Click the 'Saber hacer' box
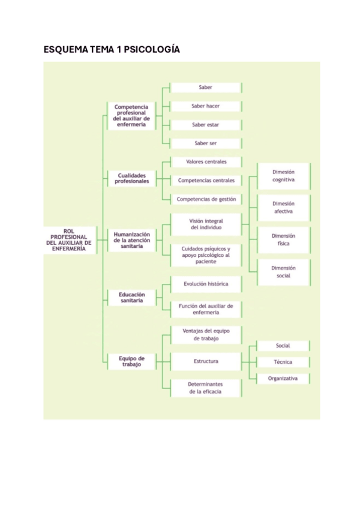click(x=206, y=106)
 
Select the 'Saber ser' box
click(x=206, y=143)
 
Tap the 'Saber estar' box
click(x=206, y=125)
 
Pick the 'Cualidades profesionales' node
click(x=132, y=178)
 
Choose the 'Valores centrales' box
click(x=206, y=162)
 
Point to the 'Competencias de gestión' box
click(x=206, y=199)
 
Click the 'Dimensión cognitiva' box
click(x=283, y=175)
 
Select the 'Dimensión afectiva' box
click(x=283, y=208)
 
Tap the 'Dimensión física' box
click(x=283, y=240)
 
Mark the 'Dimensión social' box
click(x=283, y=272)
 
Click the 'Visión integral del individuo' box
click(x=206, y=224)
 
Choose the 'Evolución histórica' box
click(x=206, y=283)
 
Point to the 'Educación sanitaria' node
click(x=131, y=298)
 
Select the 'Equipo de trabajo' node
click(x=131, y=361)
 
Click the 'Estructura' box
click(x=206, y=361)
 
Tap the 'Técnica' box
click(x=283, y=363)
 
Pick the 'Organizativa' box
click(x=283, y=379)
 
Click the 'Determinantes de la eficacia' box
click(x=206, y=388)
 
